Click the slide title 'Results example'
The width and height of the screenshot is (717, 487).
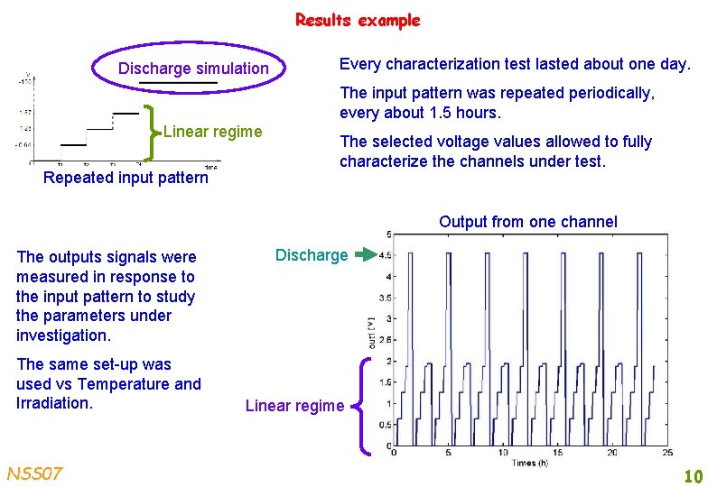tap(358, 20)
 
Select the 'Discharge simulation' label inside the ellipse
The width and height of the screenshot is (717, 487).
tap(193, 69)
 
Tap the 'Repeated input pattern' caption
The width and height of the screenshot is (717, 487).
tap(126, 178)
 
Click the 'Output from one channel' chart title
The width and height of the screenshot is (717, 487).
tap(527, 222)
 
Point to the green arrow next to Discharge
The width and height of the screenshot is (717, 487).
tap(365, 255)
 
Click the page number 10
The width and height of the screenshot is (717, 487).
tap(693, 475)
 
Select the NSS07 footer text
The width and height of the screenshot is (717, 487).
tap(34, 473)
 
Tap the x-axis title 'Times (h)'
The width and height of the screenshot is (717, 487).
tap(531, 462)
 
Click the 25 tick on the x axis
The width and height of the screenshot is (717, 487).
tap(668, 452)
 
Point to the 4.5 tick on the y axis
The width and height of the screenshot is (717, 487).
tap(384, 256)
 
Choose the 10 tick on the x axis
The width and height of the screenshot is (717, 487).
tap(503, 452)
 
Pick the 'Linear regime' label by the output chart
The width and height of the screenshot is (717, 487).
tap(294, 406)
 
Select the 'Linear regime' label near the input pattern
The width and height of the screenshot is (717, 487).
tap(212, 133)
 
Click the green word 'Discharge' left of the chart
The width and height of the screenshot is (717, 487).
tap(311, 255)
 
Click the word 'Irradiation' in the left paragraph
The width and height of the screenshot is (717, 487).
tap(53, 403)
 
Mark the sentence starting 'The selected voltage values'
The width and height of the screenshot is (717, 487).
tap(495, 152)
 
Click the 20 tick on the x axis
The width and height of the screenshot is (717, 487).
tap(612, 452)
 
